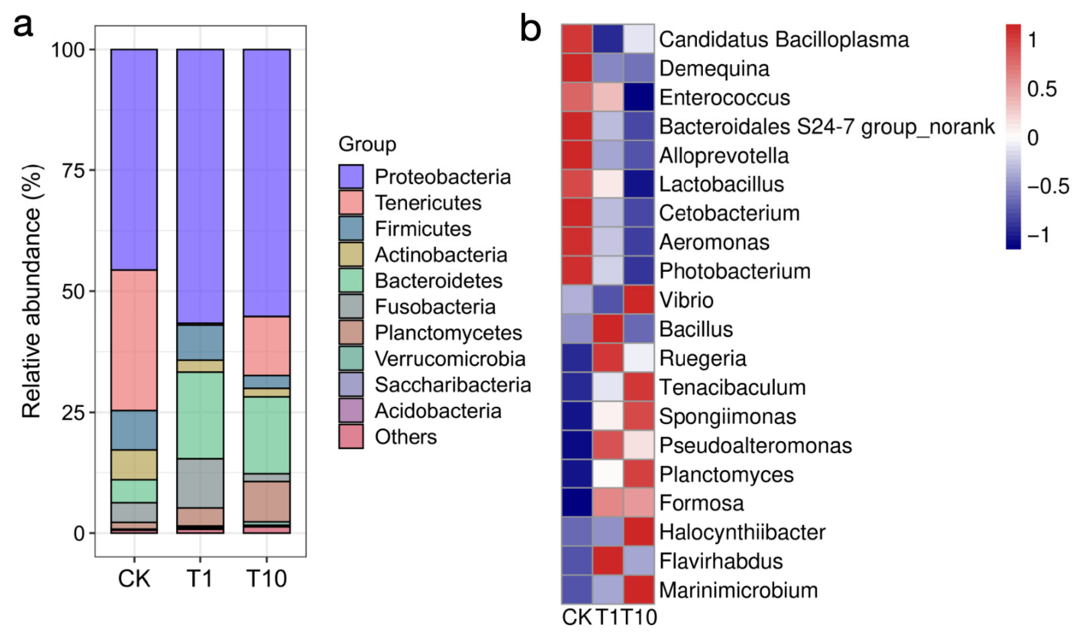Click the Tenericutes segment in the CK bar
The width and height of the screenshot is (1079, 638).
click(x=134, y=340)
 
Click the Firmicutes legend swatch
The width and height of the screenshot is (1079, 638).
click(x=350, y=228)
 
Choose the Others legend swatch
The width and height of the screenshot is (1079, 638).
click(x=350, y=436)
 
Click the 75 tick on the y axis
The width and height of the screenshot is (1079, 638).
click(x=73, y=171)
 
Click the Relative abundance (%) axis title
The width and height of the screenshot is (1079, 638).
click(x=32, y=291)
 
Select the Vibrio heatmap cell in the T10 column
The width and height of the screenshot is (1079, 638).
click(x=639, y=300)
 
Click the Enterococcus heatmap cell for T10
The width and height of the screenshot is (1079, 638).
click(x=639, y=97)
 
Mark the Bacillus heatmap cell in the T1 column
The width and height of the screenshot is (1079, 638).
click(x=608, y=329)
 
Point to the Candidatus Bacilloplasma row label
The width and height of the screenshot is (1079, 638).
click(x=783, y=40)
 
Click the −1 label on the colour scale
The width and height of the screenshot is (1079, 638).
click(x=1038, y=235)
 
